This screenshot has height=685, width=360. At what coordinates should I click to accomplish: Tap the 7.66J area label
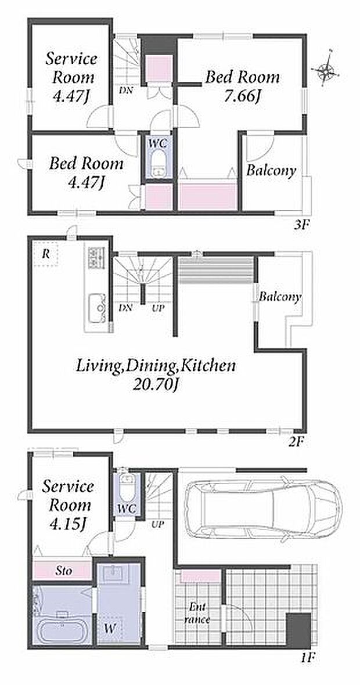coord(242,96)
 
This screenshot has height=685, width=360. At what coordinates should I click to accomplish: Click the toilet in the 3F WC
coord(158,163)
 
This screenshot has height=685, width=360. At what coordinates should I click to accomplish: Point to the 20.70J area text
coord(157,384)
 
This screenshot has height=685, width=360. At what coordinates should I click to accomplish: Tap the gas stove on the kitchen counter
coord(96,257)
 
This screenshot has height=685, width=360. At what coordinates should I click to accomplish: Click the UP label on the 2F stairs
coord(158,308)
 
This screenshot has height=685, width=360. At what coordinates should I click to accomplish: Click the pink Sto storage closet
coord(62,570)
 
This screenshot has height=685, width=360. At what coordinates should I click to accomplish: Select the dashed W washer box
coord(110,629)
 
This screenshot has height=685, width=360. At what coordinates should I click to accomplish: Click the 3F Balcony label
coord(271,170)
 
